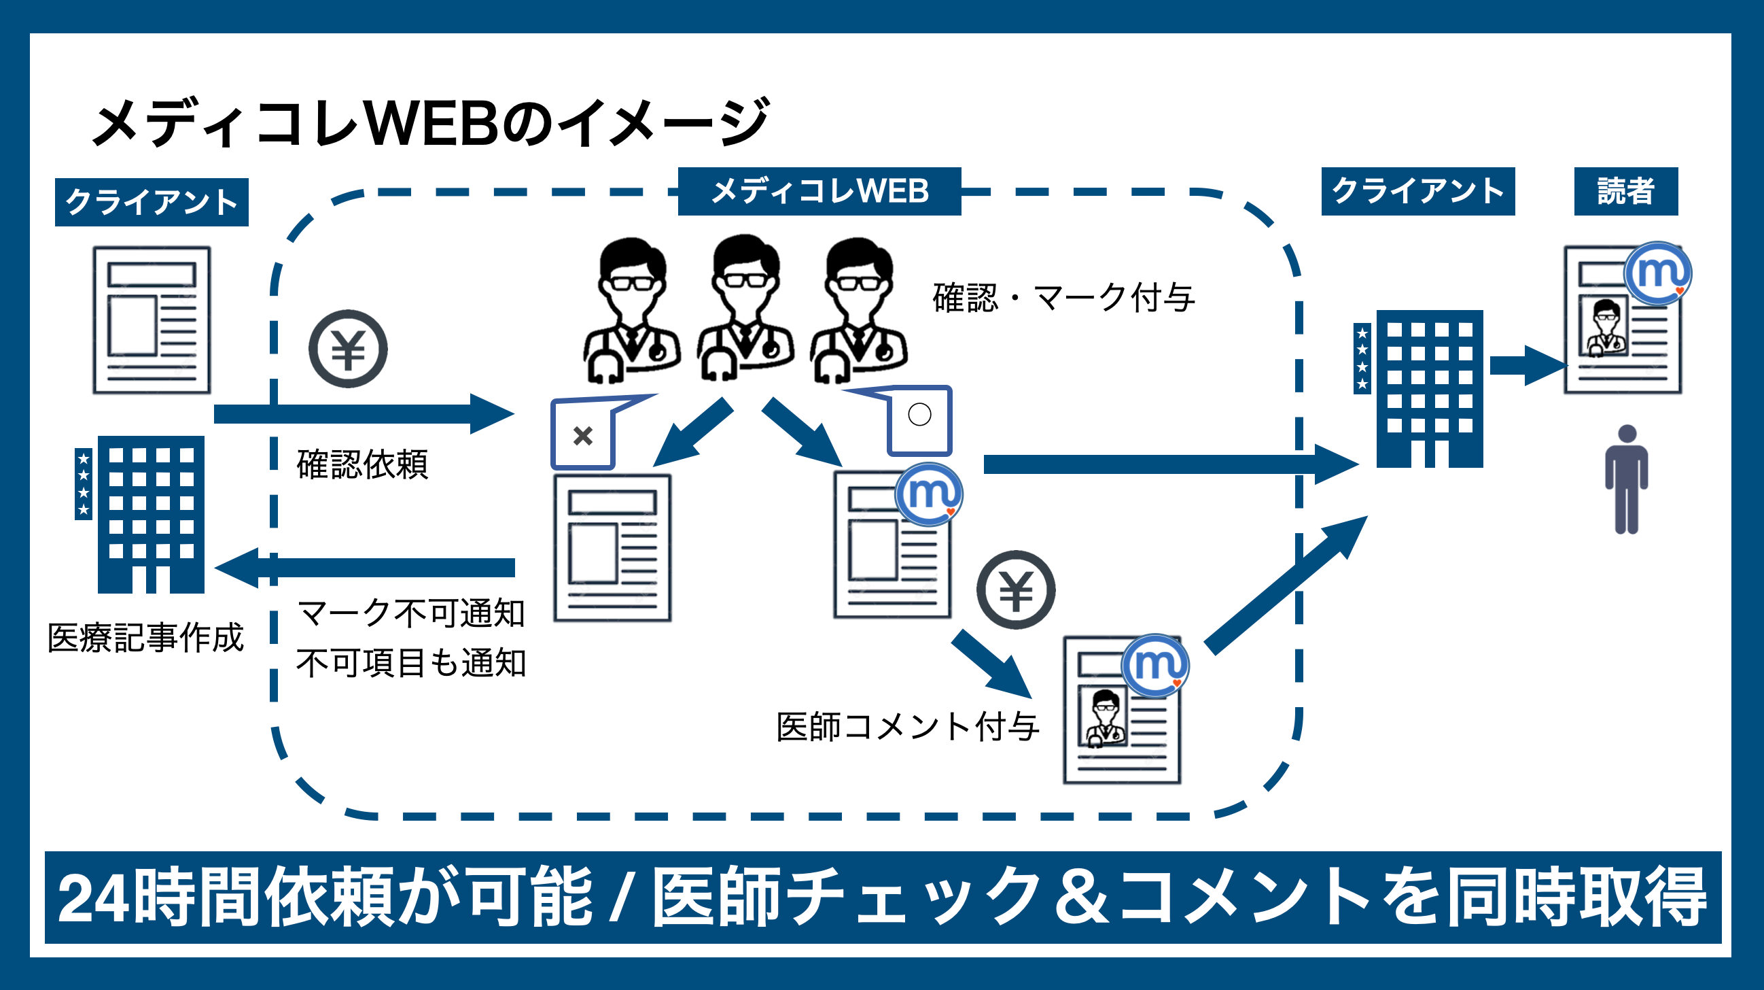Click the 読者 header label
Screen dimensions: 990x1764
click(1625, 191)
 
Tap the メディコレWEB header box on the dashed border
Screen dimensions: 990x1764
click(819, 191)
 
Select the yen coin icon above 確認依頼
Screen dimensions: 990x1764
click(348, 349)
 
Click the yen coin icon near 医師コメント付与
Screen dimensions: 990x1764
click(1015, 590)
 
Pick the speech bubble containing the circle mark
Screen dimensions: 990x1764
click(918, 420)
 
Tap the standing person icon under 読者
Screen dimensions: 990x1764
click(1626, 479)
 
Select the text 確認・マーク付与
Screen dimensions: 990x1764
click(1063, 298)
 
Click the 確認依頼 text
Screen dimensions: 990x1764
click(362, 464)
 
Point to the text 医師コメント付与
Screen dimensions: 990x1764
click(907, 727)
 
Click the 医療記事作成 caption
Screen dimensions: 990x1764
click(145, 638)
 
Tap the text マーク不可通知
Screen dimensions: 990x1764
click(411, 613)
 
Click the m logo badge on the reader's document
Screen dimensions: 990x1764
click(1657, 273)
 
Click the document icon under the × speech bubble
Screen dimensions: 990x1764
click(612, 548)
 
